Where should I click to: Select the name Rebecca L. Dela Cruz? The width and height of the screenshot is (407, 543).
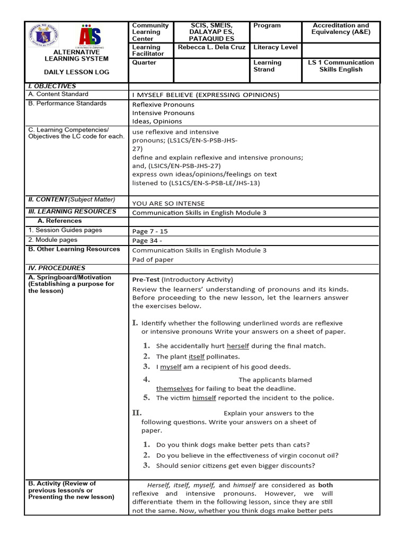tap(211, 47)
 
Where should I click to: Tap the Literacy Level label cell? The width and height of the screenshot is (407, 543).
tap(276, 47)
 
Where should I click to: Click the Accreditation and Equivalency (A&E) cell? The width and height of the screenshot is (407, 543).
tap(341, 29)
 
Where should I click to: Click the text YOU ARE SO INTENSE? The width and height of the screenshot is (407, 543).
tap(169, 203)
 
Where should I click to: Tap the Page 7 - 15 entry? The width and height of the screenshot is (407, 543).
tap(150, 232)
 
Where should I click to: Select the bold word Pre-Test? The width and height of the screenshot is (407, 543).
tap(146, 279)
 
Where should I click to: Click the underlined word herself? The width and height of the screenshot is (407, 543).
tap(238, 346)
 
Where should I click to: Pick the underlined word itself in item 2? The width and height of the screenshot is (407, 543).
tap(197, 357)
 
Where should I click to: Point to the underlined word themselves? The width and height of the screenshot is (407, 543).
tap(174, 389)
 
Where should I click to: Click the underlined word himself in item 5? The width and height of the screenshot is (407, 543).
tap(204, 398)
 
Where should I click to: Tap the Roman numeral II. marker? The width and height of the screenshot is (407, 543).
tap(136, 413)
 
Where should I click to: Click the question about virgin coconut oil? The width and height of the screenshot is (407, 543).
tap(247, 456)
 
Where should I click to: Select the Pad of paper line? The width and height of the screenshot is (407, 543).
tap(153, 260)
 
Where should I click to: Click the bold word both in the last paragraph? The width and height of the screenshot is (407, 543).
tap(325, 485)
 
